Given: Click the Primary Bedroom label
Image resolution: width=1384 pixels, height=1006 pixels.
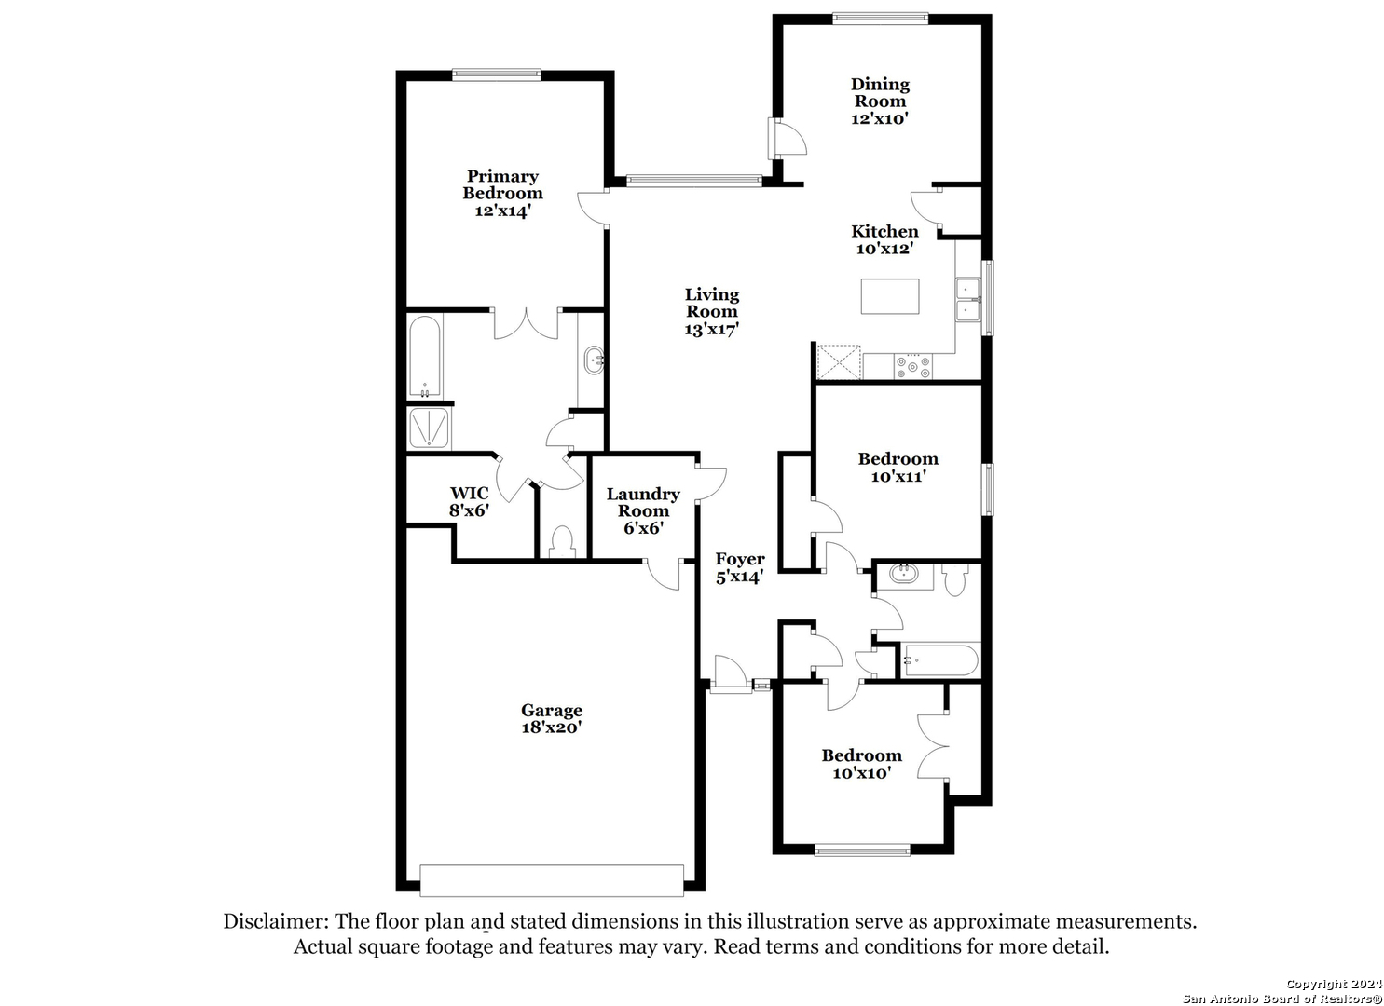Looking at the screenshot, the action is [502, 194].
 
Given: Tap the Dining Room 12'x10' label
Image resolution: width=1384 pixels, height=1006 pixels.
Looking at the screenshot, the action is [880, 102].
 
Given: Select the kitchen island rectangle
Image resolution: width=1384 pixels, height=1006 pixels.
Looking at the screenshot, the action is [890, 296].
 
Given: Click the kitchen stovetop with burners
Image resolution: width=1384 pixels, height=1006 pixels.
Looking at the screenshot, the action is [913, 366].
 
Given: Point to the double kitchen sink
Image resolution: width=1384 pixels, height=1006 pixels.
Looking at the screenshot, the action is [968, 300].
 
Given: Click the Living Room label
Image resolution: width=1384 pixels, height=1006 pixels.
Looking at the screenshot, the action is [712, 312].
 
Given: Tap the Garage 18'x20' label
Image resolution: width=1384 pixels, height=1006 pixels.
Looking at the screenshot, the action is [551, 718].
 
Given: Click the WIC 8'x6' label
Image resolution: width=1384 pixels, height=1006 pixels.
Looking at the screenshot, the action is [470, 501].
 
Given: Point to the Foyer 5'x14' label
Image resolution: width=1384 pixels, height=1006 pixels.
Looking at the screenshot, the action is [740, 567].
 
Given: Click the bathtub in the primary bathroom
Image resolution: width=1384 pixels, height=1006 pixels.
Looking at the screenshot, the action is [424, 357].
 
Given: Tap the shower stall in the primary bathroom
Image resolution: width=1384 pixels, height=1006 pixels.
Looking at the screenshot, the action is [429, 428].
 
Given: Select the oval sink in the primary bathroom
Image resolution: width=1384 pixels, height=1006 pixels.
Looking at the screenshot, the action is [595, 360].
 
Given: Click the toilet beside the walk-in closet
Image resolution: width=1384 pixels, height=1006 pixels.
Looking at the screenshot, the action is [562, 541].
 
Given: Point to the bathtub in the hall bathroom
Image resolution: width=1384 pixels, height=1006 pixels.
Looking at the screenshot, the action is [939, 660].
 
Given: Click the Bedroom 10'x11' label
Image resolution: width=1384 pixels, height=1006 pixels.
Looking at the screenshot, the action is [898, 467].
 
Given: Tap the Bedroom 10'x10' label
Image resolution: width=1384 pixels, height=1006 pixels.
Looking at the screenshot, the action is [861, 763].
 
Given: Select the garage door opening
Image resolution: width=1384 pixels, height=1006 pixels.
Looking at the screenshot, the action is [551, 880].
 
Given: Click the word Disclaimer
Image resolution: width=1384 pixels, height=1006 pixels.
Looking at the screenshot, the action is [276, 921].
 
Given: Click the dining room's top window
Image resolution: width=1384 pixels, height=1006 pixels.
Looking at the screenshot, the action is [880, 19].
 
